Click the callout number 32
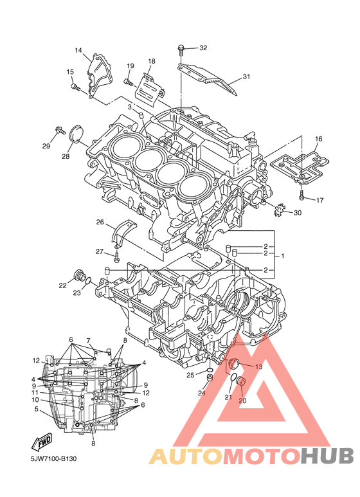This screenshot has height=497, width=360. (203, 48)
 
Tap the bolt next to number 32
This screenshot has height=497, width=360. (181, 50)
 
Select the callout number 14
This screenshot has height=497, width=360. (78, 50)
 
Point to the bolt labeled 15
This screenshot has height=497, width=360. (75, 87)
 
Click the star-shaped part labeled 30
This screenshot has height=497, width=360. (279, 210)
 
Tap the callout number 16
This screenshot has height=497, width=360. (318, 139)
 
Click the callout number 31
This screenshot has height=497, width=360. (246, 77)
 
